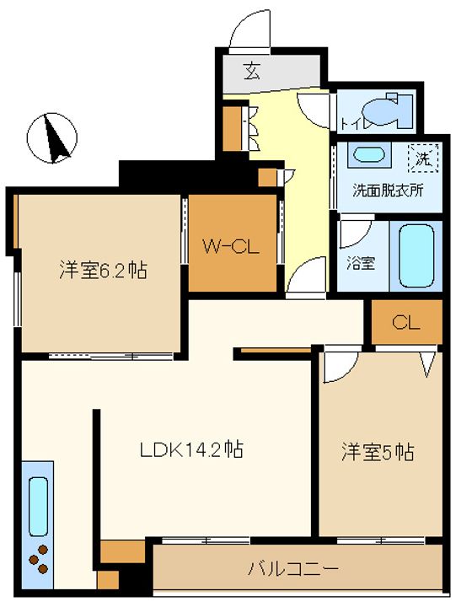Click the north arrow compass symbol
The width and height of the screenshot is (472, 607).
pyautogui.click(x=52, y=137)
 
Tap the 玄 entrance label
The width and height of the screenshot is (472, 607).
pyautogui.click(x=252, y=71)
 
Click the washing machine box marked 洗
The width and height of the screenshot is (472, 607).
pyautogui.click(x=424, y=158)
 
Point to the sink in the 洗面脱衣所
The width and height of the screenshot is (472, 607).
pyautogui.click(x=369, y=155)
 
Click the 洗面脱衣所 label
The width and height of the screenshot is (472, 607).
pyautogui.click(x=388, y=191)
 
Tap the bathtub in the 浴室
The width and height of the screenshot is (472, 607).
pyautogui.click(x=416, y=256)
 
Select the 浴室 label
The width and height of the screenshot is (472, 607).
pyautogui.click(x=361, y=263)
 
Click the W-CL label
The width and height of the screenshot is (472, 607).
pyautogui.click(x=231, y=246)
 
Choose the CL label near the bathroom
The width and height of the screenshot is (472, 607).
pyautogui.click(x=406, y=322)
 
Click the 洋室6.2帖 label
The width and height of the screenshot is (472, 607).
pyautogui.click(x=104, y=270)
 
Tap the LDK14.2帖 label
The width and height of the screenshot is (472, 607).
pyautogui.click(x=191, y=450)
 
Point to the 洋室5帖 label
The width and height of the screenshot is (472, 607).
pyautogui.click(x=378, y=452)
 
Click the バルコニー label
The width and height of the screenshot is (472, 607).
pyautogui.click(x=293, y=568)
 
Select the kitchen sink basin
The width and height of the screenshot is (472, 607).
pyautogui.click(x=38, y=508)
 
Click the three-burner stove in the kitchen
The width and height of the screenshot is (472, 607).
pyautogui.click(x=38, y=559)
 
